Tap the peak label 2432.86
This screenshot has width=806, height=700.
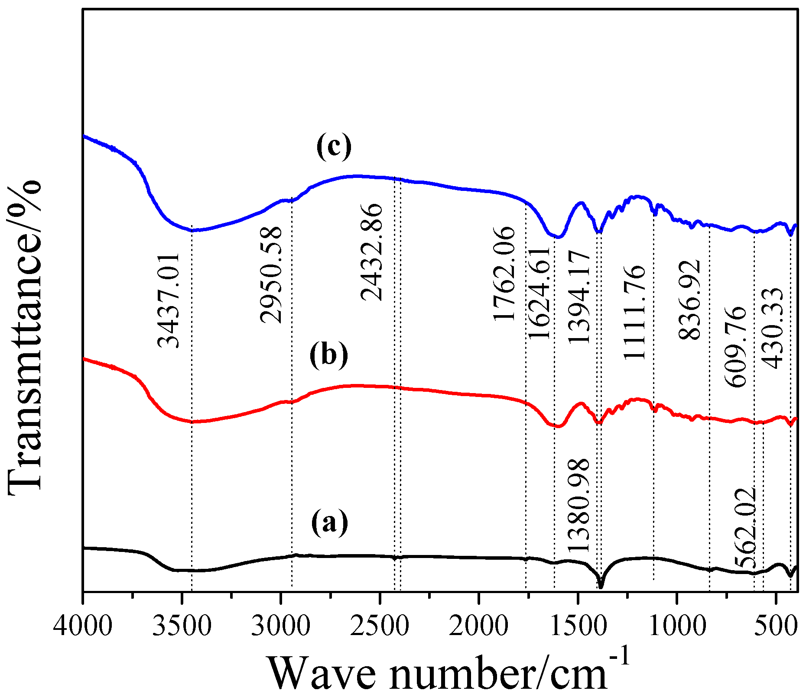tap(372, 252)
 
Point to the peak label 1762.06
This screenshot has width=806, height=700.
tap(504, 274)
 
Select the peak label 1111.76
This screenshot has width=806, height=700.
tap(634, 313)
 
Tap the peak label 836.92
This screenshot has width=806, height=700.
tap(689, 300)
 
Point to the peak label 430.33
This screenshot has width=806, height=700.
tap(773, 328)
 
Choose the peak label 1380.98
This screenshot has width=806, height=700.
tap(578, 504)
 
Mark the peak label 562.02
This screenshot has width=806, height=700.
tap(745, 528)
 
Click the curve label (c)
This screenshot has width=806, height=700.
tap(334, 146)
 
